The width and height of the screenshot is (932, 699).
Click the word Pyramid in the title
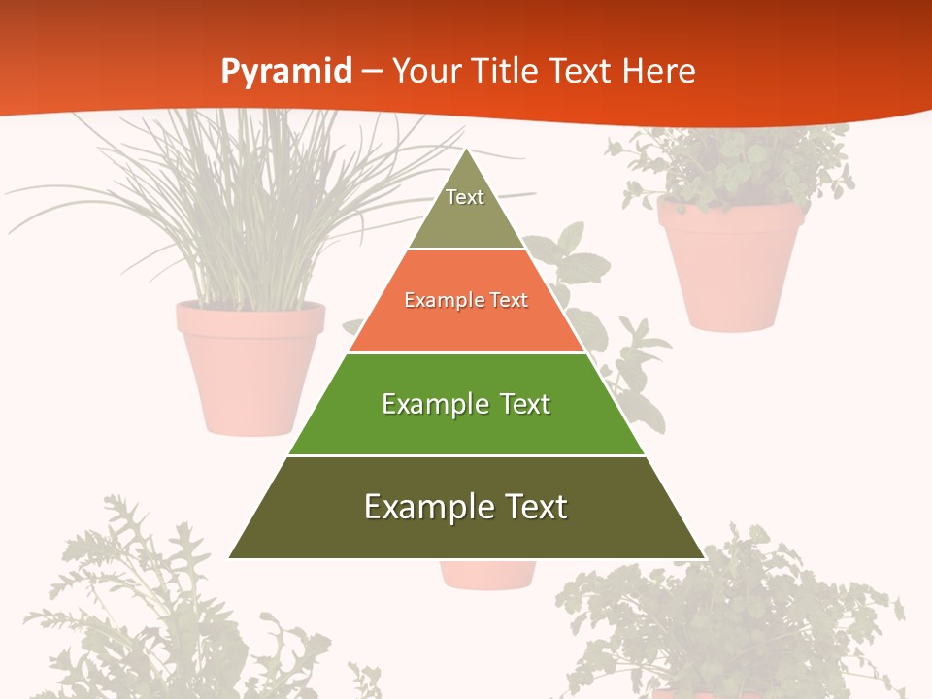(x=285, y=71)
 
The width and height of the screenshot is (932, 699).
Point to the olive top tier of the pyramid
(x=466, y=218)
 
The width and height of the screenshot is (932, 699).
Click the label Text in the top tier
(x=465, y=197)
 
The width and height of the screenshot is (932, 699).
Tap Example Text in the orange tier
(x=466, y=300)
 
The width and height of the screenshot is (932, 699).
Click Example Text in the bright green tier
(x=466, y=404)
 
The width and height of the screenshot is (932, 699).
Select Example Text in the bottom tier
(x=466, y=507)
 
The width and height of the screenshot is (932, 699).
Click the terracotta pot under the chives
(x=250, y=364)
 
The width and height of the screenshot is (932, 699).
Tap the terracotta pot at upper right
(x=730, y=262)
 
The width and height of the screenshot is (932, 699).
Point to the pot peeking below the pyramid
(x=487, y=575)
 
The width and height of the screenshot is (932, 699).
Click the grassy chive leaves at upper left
(x=243, y=194)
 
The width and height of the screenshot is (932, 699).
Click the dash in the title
(x=372, y=71)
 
